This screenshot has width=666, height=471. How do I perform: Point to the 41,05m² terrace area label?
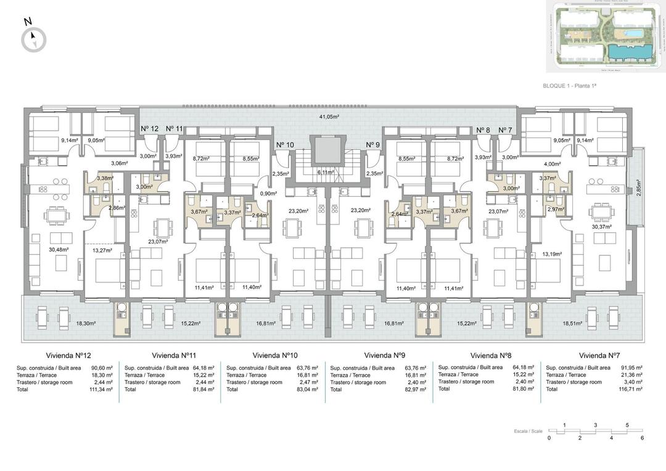(330, 116)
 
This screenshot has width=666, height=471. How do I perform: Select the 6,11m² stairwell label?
(325, 173)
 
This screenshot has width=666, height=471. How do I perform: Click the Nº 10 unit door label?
(284, 145)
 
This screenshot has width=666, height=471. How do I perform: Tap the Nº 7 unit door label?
(505, 129)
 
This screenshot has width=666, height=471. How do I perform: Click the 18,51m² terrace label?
(555, 323)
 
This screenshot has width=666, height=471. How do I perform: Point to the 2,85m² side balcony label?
(638, 187)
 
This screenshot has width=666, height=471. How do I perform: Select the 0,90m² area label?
(268, 193)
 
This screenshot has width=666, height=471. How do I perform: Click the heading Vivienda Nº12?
(68, 356)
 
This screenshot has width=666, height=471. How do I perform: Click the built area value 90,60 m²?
(100, 368)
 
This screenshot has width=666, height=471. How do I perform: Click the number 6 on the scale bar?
(642, 438)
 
